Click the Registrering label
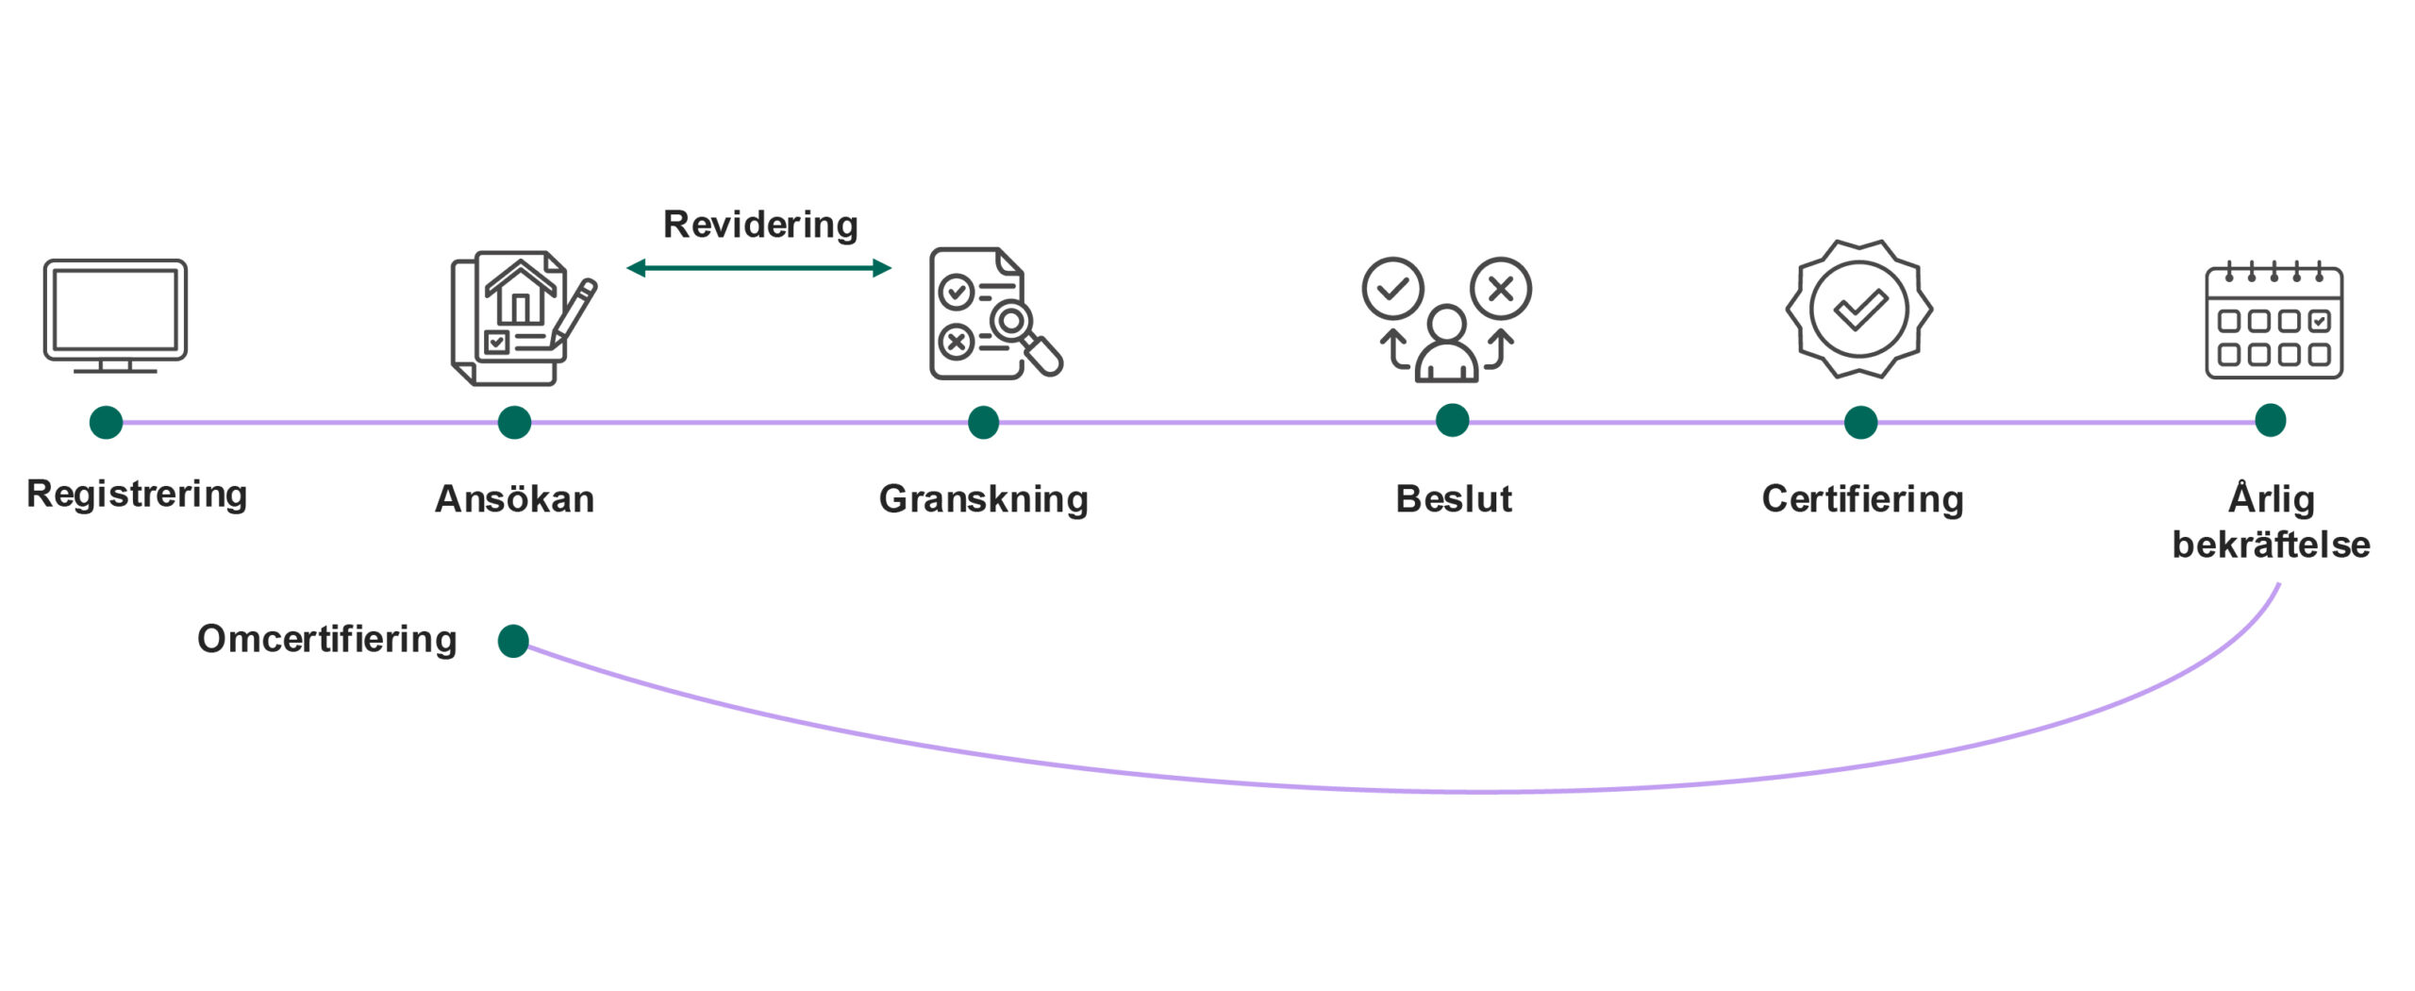(x=137, y=494)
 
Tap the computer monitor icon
(x=115, y=315)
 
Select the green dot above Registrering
(x=106, y=422)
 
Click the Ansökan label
(x=514, y=498)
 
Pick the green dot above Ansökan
(x=514, y=422)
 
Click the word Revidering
(x=760, y=225)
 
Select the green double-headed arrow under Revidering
(x=758, y=268)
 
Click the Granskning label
(x=983, y=498)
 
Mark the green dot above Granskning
(x=983, y=422)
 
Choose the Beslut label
(x=1453, y=498)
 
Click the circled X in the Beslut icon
(x=1500, y=288)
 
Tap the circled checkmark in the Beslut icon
(x=1392, y=288)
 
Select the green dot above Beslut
(x=1452, y=420)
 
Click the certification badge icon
(x=1858, y=309)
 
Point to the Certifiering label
(x=1862, y=498)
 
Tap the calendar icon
(x=2273, y=321)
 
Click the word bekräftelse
(x=2271, y=545)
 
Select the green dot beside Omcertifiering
(x=513, y=641)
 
